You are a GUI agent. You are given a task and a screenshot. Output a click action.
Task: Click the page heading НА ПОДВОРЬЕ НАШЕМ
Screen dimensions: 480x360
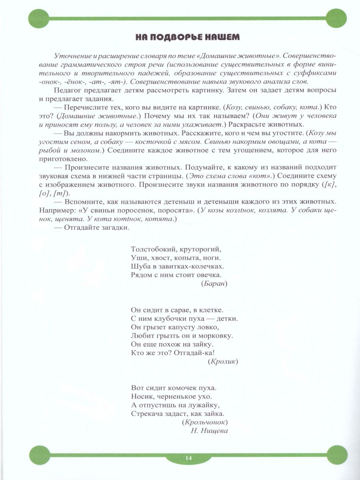tap(187, 37)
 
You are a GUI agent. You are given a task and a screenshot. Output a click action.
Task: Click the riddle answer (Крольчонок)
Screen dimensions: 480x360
tap(204, 422)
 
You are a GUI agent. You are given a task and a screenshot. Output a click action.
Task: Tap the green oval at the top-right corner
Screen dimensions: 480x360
tap(335, 18)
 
